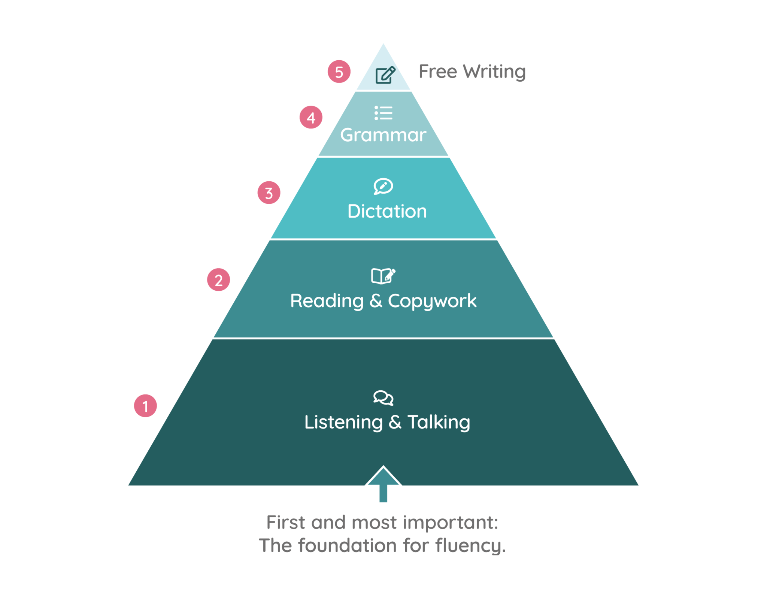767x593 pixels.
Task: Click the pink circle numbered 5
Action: point(339,72)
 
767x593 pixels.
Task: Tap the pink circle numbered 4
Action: point(311,117)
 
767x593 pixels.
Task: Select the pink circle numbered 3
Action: point(269,193)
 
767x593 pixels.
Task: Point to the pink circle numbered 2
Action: point(219,280)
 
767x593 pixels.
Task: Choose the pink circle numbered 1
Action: point(145,406)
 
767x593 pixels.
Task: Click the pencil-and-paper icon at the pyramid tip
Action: point(385,75)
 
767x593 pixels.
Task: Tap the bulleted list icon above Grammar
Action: point(383,113)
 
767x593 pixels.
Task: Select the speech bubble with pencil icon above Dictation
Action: point(383,186)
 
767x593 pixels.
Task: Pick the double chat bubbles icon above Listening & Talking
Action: point(383,397)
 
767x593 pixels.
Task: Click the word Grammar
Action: point(383,135)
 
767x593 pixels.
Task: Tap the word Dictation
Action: point(387,211)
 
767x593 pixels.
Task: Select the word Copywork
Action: point(432,301)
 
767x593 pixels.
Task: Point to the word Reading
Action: point(327,301)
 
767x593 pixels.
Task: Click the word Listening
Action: point(343,422)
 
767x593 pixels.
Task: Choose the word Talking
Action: point(439,422)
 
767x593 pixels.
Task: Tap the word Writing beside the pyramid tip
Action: point(494,72)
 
